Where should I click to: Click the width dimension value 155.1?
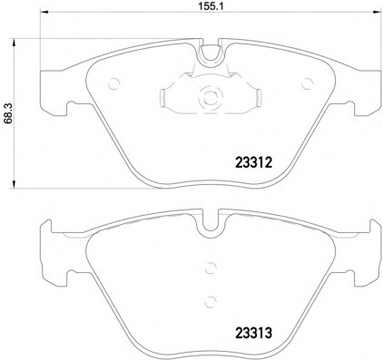click(x=211, y=6)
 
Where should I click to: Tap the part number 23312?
click(x=254, y=163)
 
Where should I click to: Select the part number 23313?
click(x=254, y=333)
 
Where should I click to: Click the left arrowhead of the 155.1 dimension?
click(x=44, y=13)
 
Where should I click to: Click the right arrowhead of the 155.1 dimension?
click(x=377, y=13)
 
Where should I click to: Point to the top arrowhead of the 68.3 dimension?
click(x=14, y=43)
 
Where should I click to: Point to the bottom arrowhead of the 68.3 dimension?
click(x=14, y=184)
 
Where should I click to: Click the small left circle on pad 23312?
click(x=114, y=83)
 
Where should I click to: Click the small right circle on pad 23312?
click(x=308, y=83)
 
